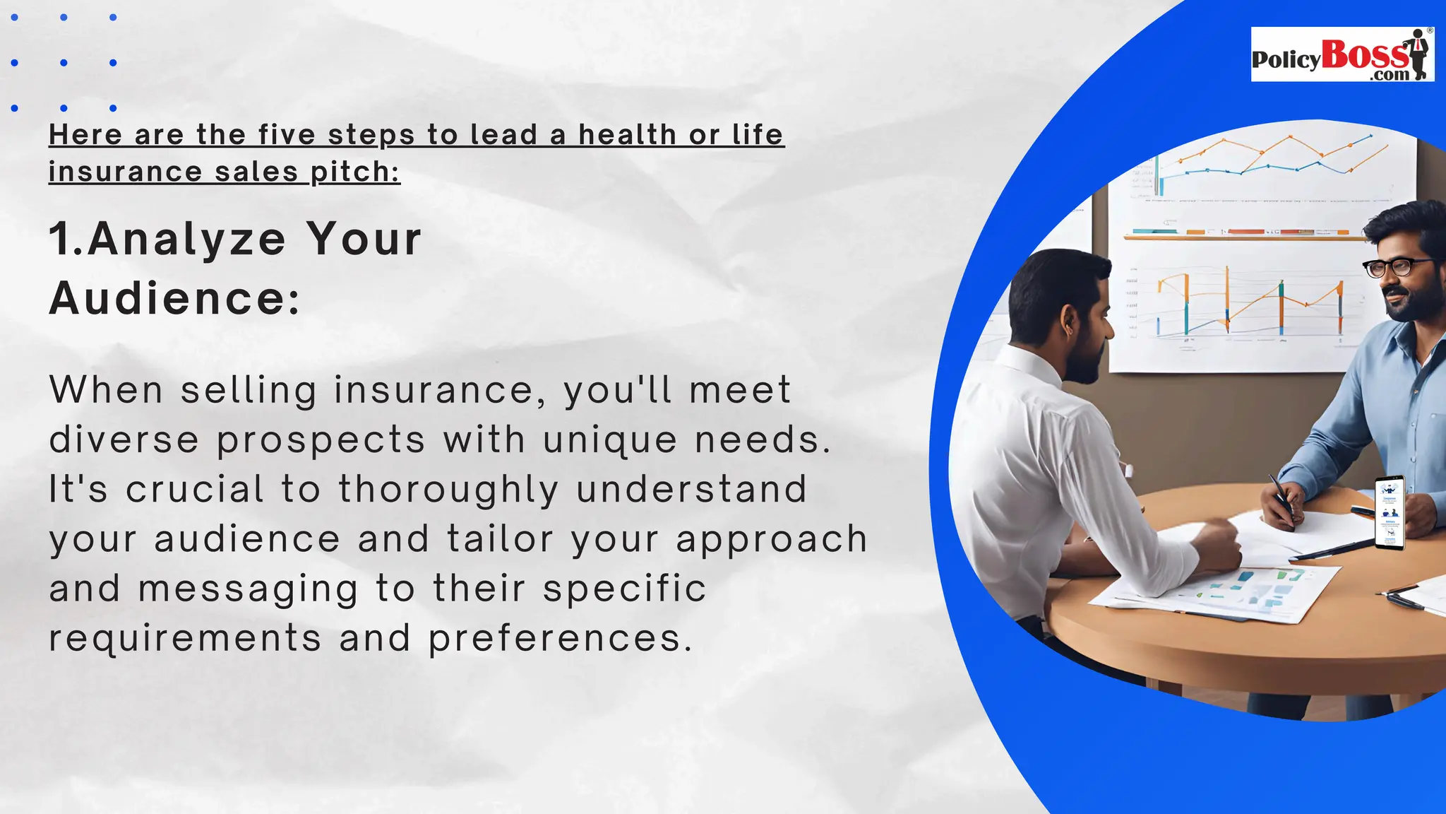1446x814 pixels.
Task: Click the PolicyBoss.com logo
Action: click(1342, 55)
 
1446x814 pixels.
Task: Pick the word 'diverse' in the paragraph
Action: click(124, 440)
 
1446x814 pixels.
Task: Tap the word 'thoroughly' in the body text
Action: click(449, 490)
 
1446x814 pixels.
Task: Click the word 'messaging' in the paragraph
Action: click(248, 589)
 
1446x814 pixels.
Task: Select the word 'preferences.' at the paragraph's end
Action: click(561, 639)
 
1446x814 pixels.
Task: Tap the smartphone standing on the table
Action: click(1390, 513)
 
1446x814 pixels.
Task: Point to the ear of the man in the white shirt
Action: click(1068, 324)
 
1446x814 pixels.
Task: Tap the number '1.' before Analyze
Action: click(66, 239)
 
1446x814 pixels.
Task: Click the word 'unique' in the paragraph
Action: click(610, 440)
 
